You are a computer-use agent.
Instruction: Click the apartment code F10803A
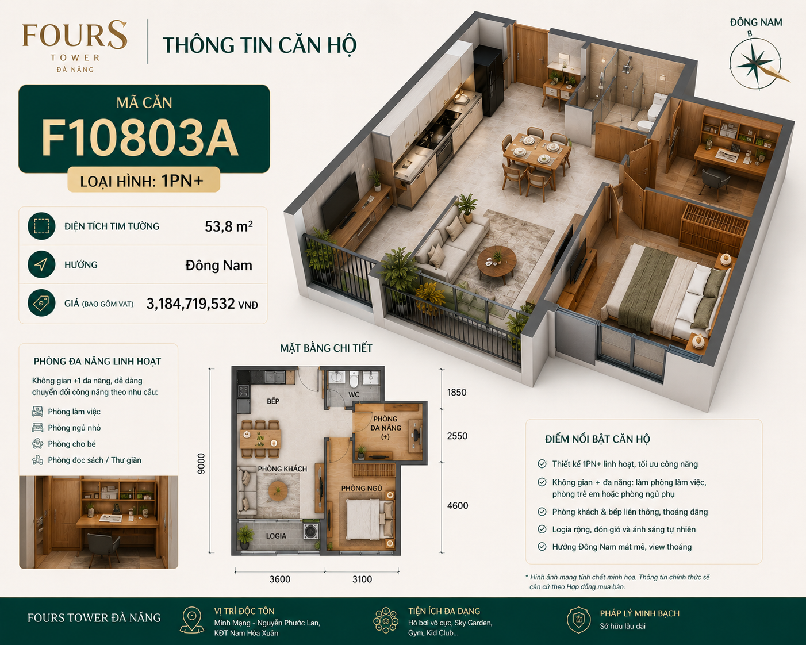click(x=139, y=137)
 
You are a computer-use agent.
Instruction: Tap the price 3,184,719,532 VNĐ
click(x=202, y=304)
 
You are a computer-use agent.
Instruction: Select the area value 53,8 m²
click(x=228, y=226)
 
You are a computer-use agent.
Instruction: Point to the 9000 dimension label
click(x=201, y=464)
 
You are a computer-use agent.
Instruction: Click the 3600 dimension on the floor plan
click(x=280, y=579)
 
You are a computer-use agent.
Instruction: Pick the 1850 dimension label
click(x=456, y=392)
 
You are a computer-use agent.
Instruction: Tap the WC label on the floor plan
click(x=354, y=394)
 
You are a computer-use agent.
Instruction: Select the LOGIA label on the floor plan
click(x=276, y=536)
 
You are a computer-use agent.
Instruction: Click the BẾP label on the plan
click(x=273, y=401)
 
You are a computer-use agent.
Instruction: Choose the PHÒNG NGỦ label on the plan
click(x=362, y=488)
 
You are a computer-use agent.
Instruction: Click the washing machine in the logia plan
click(x=310, y=531)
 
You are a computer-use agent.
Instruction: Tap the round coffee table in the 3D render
click(x=497, y=262)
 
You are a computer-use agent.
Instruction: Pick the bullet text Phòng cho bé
click(x=72, y=444)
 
